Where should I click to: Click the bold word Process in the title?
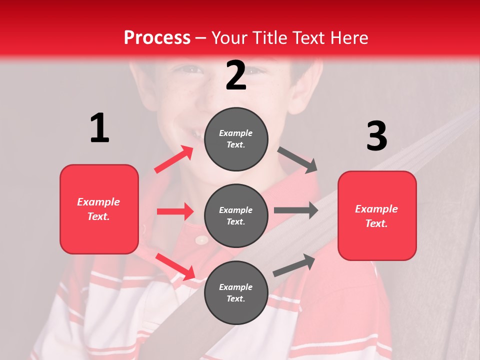click(x=157, y=37)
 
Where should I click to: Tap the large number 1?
click(x=99, y=128)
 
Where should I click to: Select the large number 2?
click(x=236, y=75)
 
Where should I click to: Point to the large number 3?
click(x=377, y=136)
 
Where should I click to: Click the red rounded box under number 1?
click(x=99, y=209)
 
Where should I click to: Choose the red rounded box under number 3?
click(x=377, y=215)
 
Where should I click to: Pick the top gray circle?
click(x=236, y=139)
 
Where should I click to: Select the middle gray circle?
click(x=236, y=215)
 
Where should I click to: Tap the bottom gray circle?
click(x=236, y=292)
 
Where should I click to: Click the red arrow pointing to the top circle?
click(x=174, y=159)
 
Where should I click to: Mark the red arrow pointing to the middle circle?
click(x=175, y=211)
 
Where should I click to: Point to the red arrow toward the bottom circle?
click(x=175, y=266)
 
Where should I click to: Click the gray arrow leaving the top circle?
click(x=298, y=160)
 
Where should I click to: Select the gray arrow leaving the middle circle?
click(x=296, y=210)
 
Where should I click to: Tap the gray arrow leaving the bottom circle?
click(x=294, y=265)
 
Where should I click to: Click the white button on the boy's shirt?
click(x=201, y=240)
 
